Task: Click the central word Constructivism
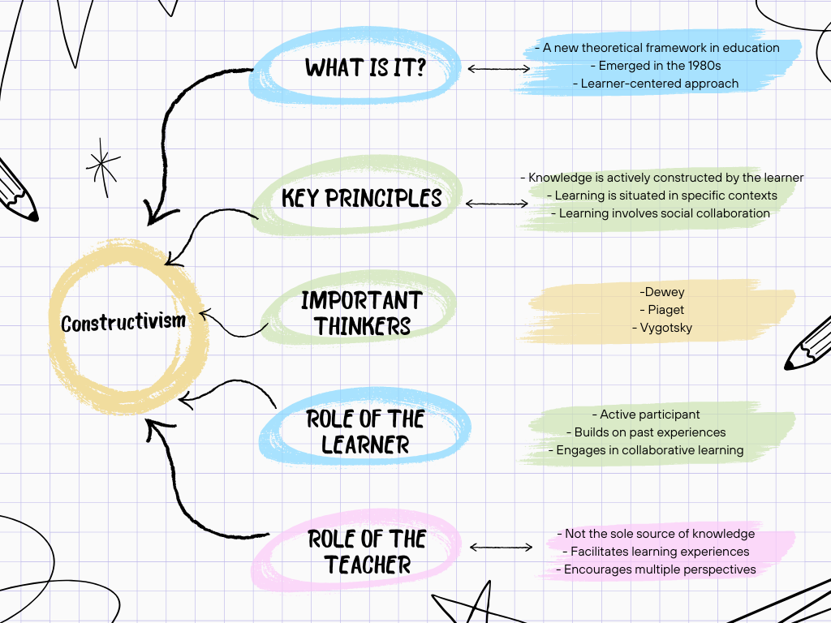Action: (x=123, y=323)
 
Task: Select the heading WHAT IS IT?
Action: (x=366, y=67)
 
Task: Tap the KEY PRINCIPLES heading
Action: (x=362, y=198)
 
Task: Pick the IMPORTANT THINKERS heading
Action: (x=362, y=313)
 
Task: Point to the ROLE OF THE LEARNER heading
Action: (x=365, y=432)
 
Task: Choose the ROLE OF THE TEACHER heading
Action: (x=367, y=552)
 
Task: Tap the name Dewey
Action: (x=662, y=292)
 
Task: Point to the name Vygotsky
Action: (x=661, y=328)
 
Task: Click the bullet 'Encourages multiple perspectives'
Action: (x=656, y=569)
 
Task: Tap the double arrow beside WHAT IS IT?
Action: (x=498, y=69)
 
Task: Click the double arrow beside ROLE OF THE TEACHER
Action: (x=501, y=548)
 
